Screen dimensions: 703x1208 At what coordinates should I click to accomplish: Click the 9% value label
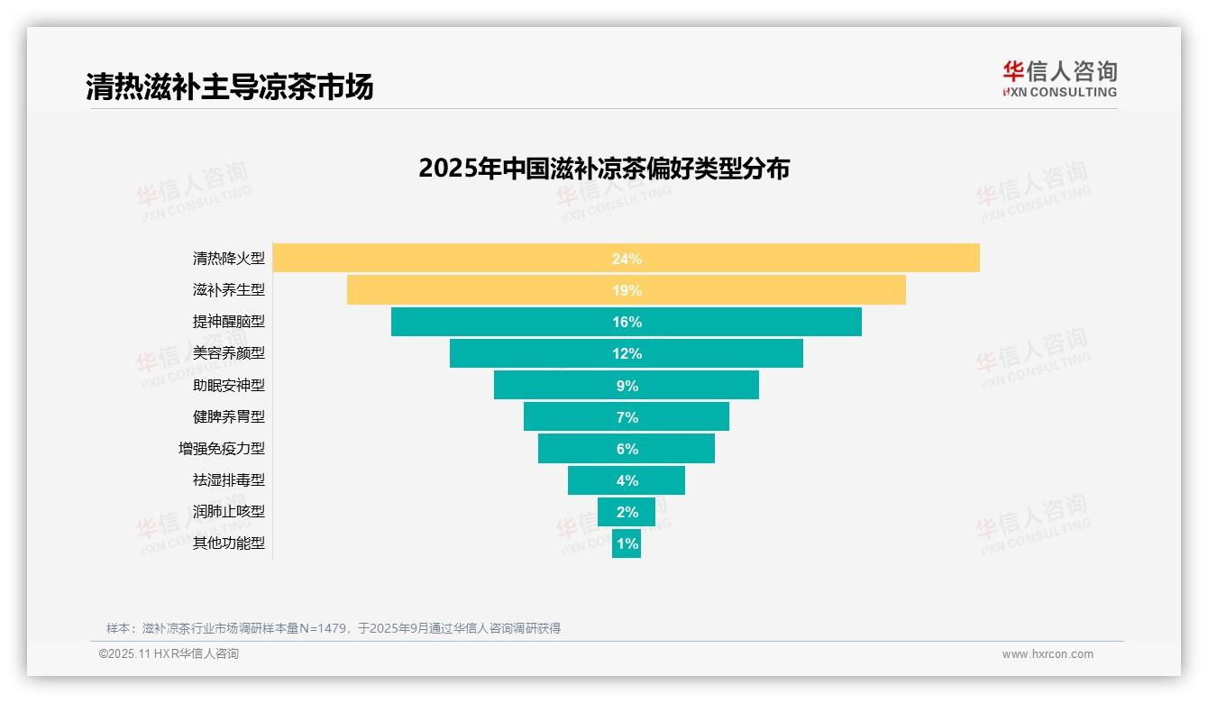[x=627, y=386]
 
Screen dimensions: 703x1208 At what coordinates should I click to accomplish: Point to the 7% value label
[x=627, y=417]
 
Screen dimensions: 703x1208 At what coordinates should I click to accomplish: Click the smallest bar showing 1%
[x=627, y=543]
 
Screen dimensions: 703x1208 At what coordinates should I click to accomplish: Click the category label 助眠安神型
[x=229, y=385]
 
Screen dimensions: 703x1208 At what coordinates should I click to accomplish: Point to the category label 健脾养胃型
[x=229, y=416]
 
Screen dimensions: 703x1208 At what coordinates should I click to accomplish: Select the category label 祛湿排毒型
[x=229, y=479]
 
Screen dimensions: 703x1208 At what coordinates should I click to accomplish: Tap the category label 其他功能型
[x=229, y=543]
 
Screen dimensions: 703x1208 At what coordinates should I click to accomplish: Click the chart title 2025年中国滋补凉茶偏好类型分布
[x=604, y=169]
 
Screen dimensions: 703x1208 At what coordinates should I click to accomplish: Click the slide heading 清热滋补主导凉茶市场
[x=229, y=87]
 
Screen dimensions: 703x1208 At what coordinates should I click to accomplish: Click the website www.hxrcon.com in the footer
[x=1047, y=654]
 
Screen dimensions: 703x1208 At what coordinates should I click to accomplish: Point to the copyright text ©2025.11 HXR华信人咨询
[x=169, y=654]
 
